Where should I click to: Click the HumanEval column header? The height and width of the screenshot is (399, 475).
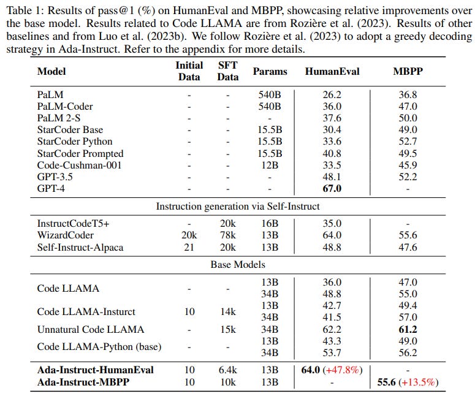point(332,71)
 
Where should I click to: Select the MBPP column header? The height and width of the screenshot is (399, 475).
point(407,71)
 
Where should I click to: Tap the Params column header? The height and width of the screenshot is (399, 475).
point(270,71)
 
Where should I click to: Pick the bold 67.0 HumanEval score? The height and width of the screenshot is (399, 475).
point(332,188)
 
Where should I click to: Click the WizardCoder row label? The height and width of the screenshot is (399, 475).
point(65,235)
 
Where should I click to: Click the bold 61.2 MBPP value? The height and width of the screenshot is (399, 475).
point(408,329)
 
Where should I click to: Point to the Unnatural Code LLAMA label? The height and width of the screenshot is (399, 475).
point(90,329)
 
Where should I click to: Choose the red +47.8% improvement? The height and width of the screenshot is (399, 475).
point(347,370)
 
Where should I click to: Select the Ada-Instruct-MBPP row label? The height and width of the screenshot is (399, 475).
point(86,382)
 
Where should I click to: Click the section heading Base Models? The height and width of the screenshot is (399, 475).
point(237,265)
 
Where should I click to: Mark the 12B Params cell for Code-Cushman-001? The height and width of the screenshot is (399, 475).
point(270,165)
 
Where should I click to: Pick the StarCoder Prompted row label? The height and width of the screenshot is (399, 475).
point(80,153)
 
